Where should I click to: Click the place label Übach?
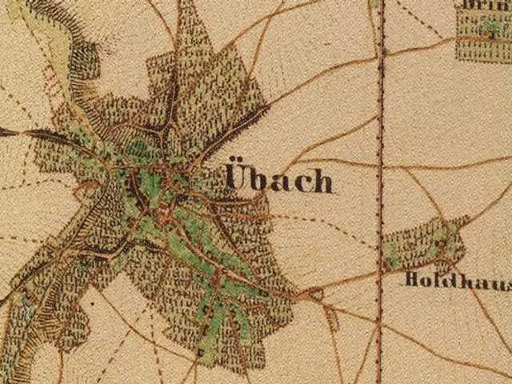coord(278,179)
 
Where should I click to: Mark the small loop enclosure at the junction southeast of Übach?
coord(318,295)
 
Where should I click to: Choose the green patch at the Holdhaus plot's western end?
coord(390,254)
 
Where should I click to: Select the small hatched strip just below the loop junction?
coord(331,318)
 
